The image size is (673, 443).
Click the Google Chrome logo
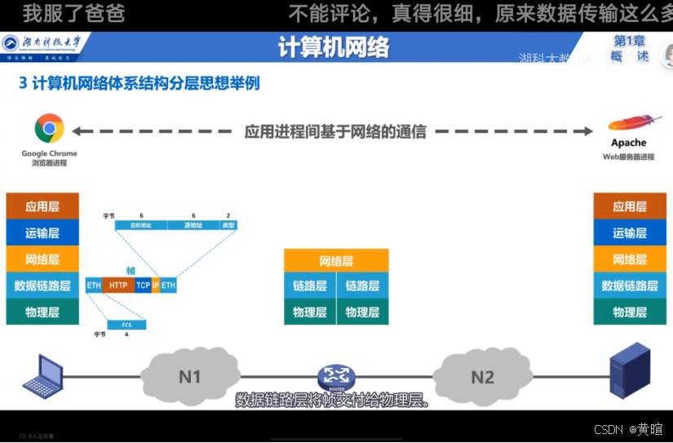pos(49,129)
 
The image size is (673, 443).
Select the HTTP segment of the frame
pos(118,286)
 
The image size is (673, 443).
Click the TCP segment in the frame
pos(143,286)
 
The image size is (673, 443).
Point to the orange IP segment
pos(156,286)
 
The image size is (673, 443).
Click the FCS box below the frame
pos(126,325)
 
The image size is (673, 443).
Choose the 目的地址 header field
pos(141,225)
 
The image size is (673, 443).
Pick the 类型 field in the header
pos(228,225)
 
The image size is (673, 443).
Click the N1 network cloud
pos(190,377)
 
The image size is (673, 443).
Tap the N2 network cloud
pos(482,377)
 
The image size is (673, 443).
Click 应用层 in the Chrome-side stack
pos(42,206)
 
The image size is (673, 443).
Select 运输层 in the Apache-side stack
pos(630,233)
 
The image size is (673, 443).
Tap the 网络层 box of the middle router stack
pos(336,261)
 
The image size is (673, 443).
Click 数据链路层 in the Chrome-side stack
pos(42,286)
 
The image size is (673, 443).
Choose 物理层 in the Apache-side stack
pos(630,312)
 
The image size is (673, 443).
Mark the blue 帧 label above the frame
pos(131,270)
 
